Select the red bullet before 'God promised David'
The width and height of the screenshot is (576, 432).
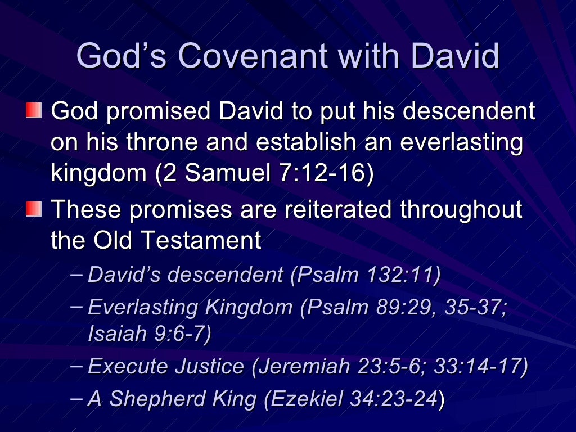pyautogui.click(x=34, y=110)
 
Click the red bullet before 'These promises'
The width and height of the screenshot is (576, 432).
pyautogui.click(x=34, y=209)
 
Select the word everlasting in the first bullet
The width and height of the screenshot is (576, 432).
pyautogui.click(x=461, y=143)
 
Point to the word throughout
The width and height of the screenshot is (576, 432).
pyautogui.click(x=461, y=209)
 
